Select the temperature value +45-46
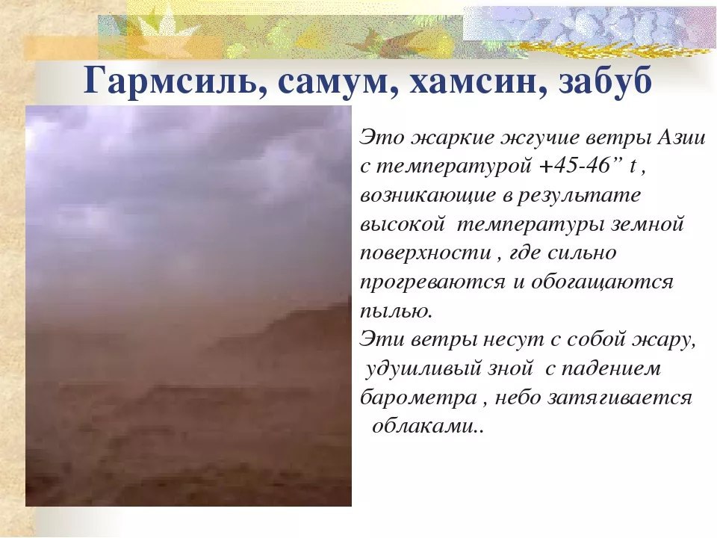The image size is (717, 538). [x=576, y=167]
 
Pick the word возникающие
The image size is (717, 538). [x=427, y=196]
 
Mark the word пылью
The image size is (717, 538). [x=396, y=312]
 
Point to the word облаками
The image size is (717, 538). [x=427, y=427]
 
